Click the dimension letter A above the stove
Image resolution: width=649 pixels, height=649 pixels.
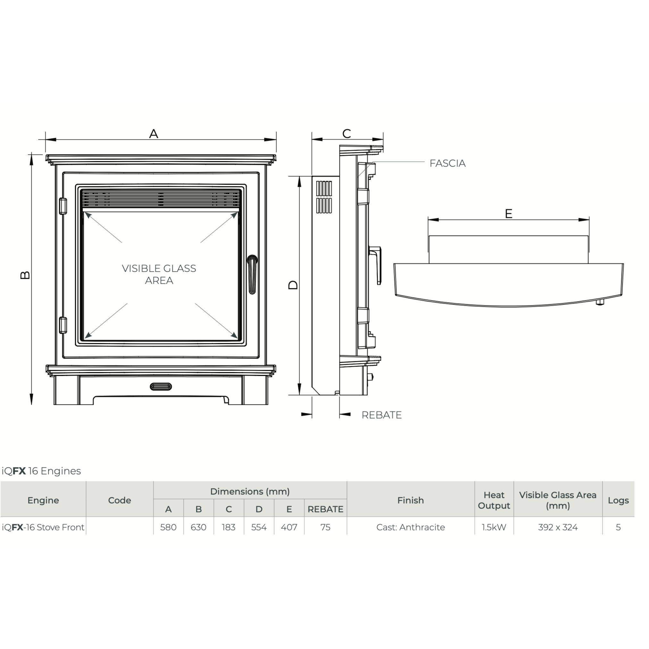pyautogui.click(x=154, y=134)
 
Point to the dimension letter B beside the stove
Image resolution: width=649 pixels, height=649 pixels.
pyautogui.click(x=25, y=275)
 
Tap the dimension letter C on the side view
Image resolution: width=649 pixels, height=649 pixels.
pyautogui.click(x=347, y=134)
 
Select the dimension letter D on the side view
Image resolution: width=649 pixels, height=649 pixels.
pyautogui.click(x=293, y=285)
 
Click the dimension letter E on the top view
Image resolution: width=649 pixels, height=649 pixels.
pyautogui.click(x=509, y=214)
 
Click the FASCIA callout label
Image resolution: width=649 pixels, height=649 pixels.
pyautogui.click(x=447, y=163)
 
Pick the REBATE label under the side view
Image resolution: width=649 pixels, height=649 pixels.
pyautogui.click(x=382, y=415)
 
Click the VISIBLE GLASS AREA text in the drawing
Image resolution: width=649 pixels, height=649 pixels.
pyautogui.click(x=159, y=274)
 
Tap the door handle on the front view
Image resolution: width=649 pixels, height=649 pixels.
pyautogui.click(x=252, y=274)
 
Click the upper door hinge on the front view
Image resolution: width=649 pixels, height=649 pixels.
pyautogui.click(x=63, y=206)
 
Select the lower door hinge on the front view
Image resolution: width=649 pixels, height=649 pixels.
pyautogui.click(x=63, y=325)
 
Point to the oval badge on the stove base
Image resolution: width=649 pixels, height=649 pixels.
pyautogui.click(x=161, y=387)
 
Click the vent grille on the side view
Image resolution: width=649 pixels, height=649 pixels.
pyautogui.click(x=324, y=197)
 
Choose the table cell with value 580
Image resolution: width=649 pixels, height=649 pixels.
pyautogui.click(x=168, y=527)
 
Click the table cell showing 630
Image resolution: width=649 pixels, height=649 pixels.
pyautogui.click(x=198, y=527)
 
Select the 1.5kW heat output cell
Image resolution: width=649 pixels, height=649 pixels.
pyautogui.click(x=494, y=527)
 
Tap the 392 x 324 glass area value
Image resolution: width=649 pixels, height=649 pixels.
pyautogui.click(x=558, y=527)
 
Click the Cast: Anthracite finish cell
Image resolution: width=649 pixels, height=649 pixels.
pyautogui.click(x=411, y=527)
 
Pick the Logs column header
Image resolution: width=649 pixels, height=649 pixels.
pyautogui.click(x=618, y=500)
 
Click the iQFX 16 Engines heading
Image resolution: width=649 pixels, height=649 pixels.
pyautogui.click(x=41, y=471)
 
